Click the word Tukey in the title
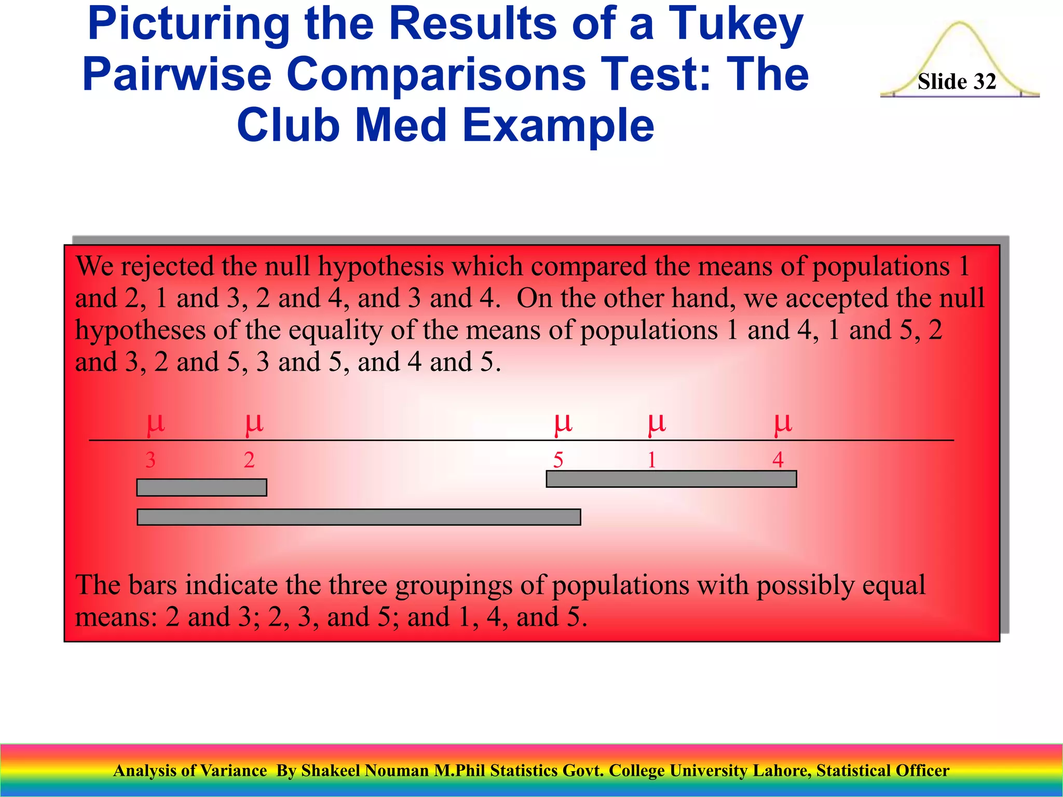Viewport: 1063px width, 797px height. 735,25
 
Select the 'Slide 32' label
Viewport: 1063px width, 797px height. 957,82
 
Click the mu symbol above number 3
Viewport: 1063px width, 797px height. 156,423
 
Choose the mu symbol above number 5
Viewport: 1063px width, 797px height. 563,423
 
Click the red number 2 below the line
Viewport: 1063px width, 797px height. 249,460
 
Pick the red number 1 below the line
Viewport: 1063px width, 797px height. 651,460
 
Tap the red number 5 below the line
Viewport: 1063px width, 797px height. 558,460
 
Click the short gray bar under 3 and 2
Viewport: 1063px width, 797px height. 202,487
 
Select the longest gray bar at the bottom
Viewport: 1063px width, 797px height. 359,517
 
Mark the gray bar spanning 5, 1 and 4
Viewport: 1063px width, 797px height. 671,479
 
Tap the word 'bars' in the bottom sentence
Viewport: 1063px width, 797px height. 153,585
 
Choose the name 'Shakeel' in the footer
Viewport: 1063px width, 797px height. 331,771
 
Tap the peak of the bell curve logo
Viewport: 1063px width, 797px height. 960,23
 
